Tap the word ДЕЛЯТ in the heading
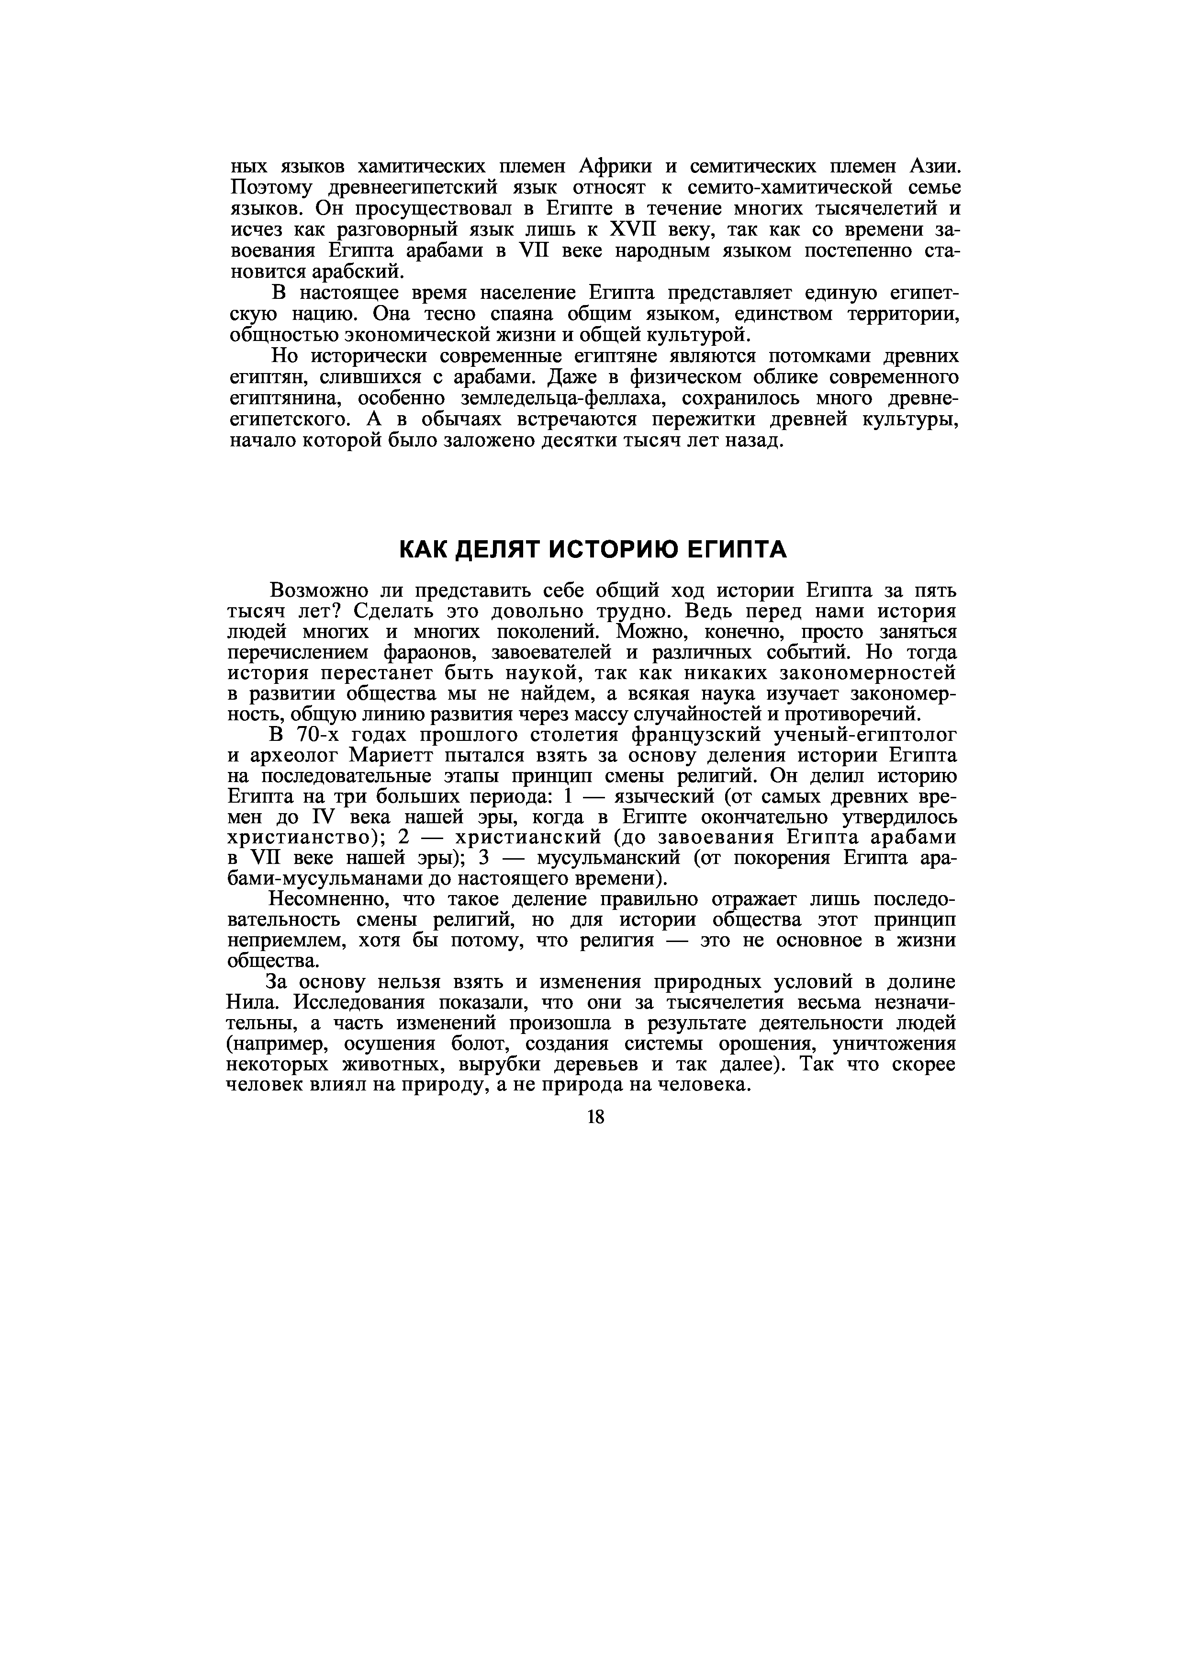coord(500,549)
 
